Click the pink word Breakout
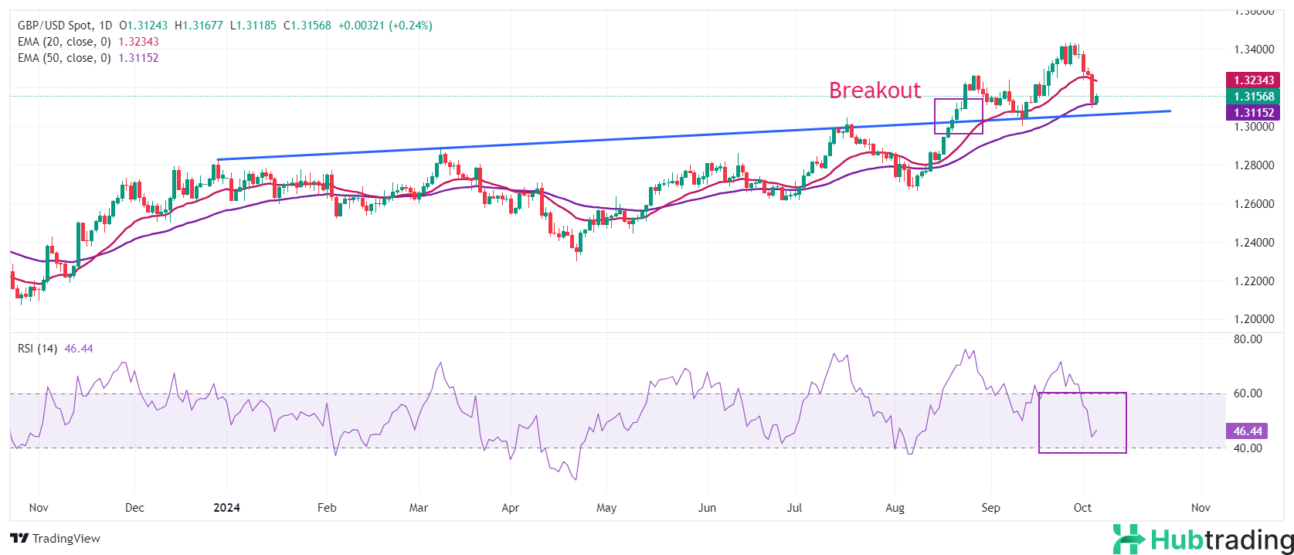pos(875,90)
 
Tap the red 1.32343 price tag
pos(1253,80)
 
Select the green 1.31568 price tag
pos(1253,97)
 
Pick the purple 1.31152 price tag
pos(1253,113)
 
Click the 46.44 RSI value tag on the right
pos(1248,431)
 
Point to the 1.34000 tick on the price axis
pos(1253,49)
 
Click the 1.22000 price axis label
pos(1253,281)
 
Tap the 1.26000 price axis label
pos(1253,204)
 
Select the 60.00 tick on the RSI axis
pos(1248,393)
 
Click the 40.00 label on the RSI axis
pos(1248,448)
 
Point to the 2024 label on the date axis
pos(226,508)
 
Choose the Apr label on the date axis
pos(510,508)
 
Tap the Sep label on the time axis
pos(990,508)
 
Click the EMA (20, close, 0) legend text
pos(64,42)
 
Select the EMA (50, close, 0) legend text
pos(64,58)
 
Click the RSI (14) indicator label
pos(37,349)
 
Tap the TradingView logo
pos(56,538)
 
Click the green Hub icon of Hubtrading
pos(1128,540)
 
